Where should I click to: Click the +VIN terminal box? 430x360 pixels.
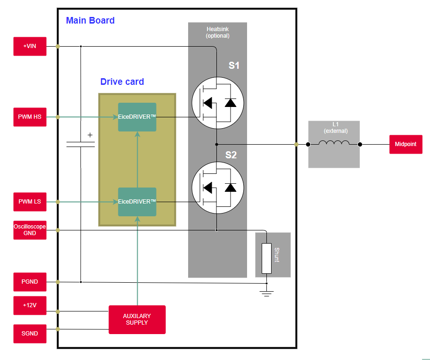pos(30,46)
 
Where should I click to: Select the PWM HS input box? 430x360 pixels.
pos(30,117)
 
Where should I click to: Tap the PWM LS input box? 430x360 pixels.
pos(30,202)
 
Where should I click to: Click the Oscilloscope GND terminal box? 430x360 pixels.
pos(30,230)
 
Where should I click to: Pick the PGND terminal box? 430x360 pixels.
pos(30,282)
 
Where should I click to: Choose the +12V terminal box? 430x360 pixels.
pos(30,305)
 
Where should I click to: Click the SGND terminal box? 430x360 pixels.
pos(30,334)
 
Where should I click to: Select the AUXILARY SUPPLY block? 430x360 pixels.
pos(137,319)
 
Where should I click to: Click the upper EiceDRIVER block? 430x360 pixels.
pos(137,117)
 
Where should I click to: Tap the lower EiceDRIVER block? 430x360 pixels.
pos(137,202)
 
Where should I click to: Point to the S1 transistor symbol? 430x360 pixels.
pos(217,103)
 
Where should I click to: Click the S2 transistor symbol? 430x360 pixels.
pos(217,188)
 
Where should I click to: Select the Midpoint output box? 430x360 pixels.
pos(405,144)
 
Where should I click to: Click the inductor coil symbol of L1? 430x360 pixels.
pos(334,144)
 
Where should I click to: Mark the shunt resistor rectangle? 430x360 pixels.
pos(266,258)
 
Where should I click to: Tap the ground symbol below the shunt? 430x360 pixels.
pos(266,293)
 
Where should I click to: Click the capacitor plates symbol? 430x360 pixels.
pos(81,144)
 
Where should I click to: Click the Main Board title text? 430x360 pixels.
pos(90,21)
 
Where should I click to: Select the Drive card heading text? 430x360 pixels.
pos(122,82)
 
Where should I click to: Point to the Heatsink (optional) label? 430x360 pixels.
pos(217,33)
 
